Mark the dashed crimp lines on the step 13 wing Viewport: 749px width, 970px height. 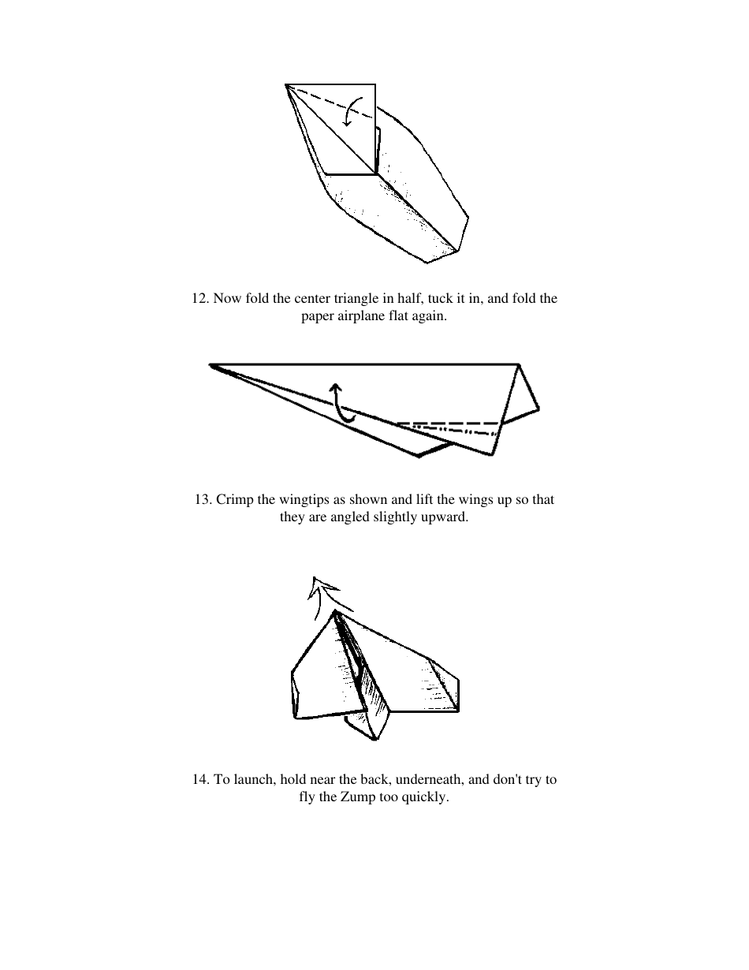[449, 427]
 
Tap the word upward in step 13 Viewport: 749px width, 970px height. [445, 518]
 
